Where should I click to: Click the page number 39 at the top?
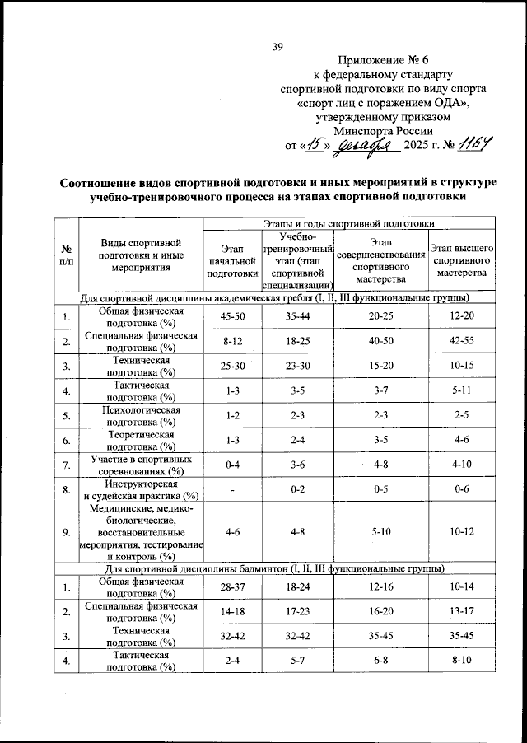(277, 47)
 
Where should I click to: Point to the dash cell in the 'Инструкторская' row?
(232, 490)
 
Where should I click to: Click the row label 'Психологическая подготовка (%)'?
(141, 415)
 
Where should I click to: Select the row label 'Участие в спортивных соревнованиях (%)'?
(141, 465)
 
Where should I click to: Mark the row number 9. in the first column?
(65, 532)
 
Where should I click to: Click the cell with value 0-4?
(232, 465)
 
